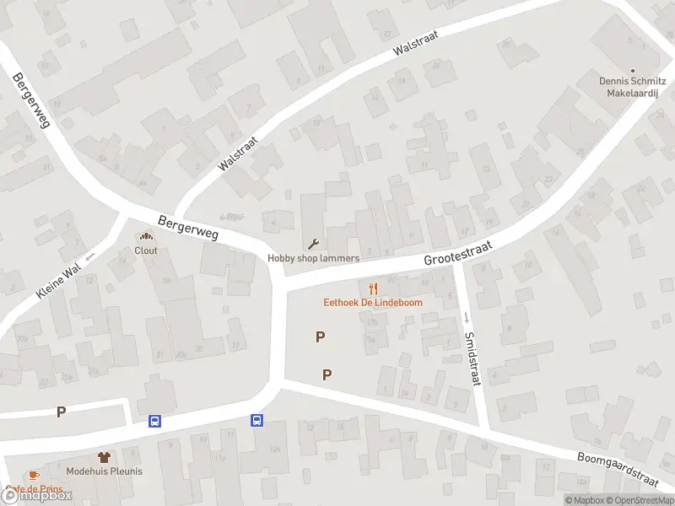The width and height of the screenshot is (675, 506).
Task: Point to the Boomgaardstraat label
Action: [x=617, y=469]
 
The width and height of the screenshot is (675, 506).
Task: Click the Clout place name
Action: [x=146, y=250]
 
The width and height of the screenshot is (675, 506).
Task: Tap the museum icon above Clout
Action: [x=146, y=237]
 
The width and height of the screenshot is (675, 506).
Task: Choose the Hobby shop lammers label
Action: [x=314, y=258]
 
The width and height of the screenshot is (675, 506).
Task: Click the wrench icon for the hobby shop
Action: [x=314, y=245]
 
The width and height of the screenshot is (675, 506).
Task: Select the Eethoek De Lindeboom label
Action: [x=374, y=302]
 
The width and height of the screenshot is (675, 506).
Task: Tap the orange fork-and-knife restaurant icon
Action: [x=374, y=288]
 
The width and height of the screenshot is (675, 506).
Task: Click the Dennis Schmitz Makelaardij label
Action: [x=633, y=87]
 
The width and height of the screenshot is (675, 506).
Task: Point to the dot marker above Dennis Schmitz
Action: [x=633, y=71]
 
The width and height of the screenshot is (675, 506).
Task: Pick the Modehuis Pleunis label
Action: [x=105, y=471]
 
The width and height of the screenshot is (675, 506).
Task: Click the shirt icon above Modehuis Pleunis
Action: [x=105, y=457]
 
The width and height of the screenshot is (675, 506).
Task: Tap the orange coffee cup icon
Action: [x=33, y=476]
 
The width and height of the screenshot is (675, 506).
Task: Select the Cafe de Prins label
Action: [x=35, y=488]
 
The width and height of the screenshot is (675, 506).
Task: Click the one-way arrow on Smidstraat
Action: [x=465, y=316]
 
